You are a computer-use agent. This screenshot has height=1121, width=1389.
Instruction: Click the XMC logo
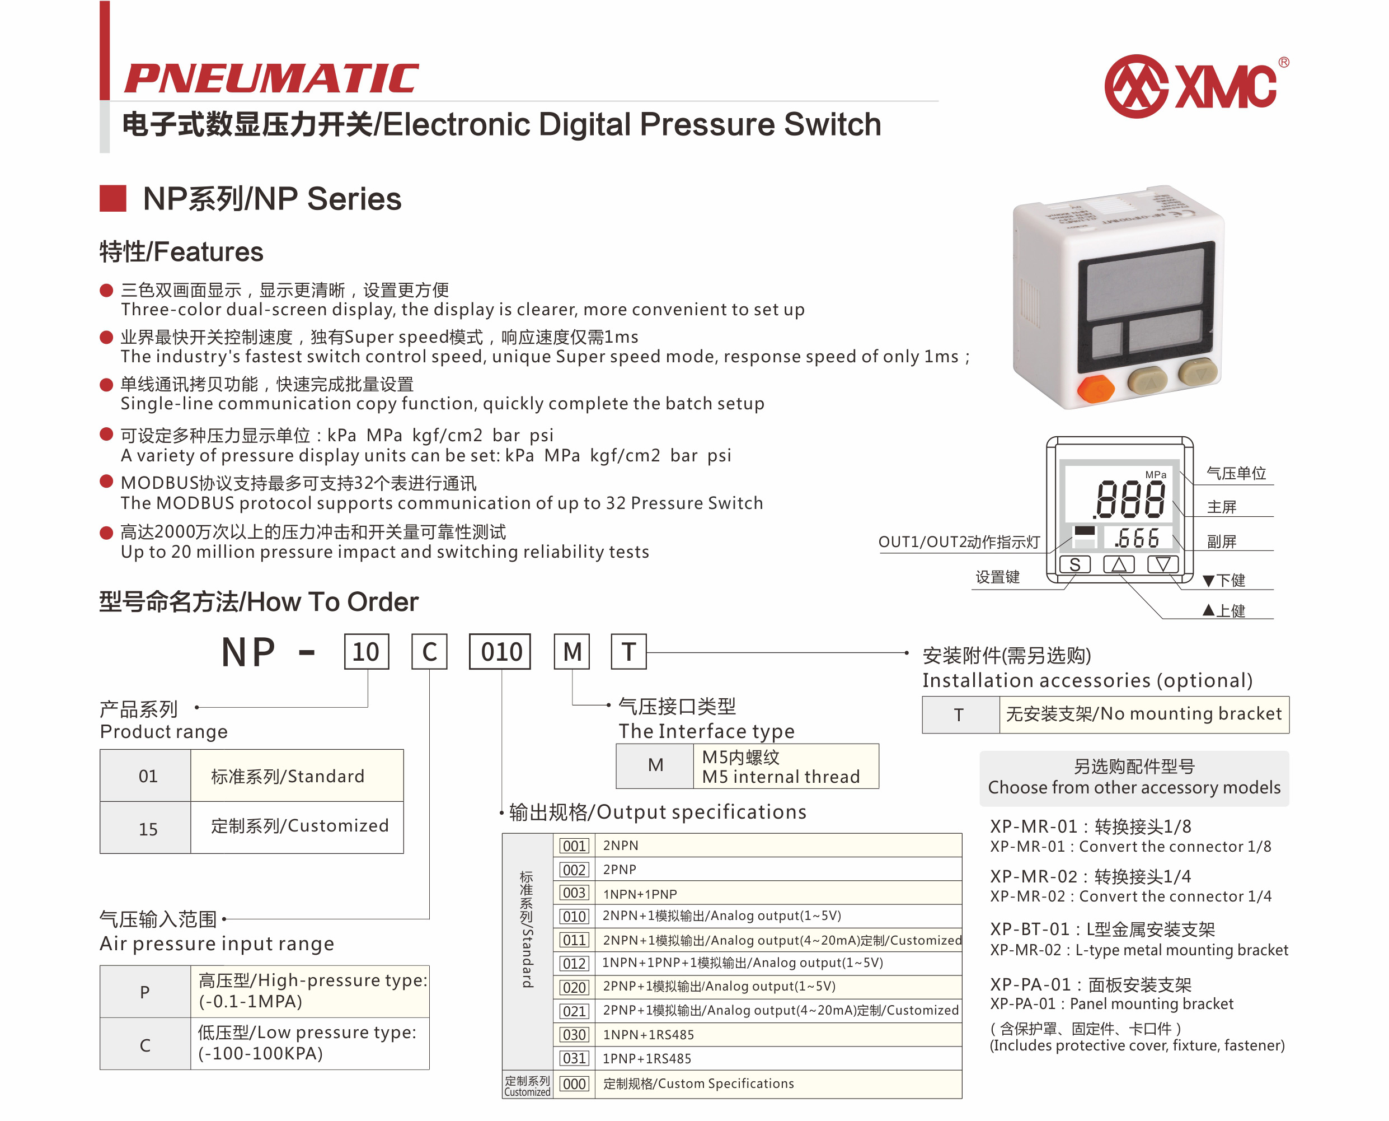point(1196,86)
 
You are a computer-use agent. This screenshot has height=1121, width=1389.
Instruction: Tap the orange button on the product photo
point(1096,389)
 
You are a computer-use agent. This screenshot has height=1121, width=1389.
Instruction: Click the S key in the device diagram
point(1074,565)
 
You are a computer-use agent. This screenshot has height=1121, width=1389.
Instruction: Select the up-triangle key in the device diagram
point(1119,565)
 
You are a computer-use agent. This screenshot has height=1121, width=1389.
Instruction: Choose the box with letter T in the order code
point(628,652)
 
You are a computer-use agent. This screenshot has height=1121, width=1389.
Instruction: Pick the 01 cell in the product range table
point(148,776)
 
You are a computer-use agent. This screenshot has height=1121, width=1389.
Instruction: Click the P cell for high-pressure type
point(146,992)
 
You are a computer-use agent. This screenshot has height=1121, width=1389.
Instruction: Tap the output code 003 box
point(574,893)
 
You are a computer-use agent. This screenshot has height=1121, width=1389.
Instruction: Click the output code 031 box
point(574,1058)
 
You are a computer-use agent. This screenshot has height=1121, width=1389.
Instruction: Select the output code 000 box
point(574,1083)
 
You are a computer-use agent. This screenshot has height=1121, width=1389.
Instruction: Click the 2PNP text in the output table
point(620,870)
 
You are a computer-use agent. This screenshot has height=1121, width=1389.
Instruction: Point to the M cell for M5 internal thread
point(655,765)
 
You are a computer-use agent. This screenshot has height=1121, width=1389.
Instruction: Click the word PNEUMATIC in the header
point(271,78)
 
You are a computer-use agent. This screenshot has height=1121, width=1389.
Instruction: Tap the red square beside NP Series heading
point(113,198)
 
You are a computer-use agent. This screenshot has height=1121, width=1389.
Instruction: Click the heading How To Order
point(332,602)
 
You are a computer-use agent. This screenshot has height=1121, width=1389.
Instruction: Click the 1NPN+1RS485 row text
point(648,1034)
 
